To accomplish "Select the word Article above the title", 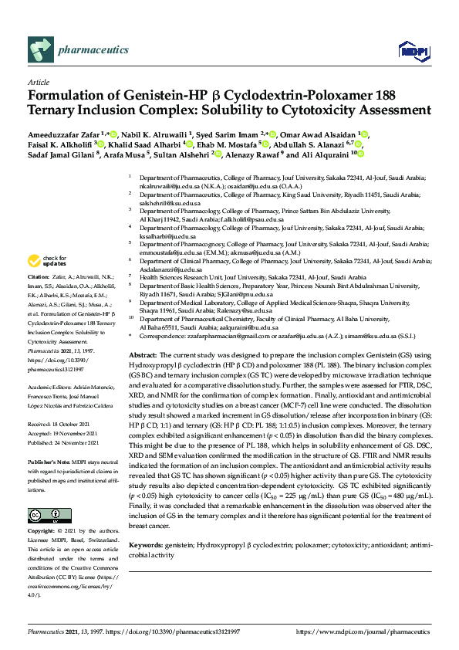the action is (x=38, y=82).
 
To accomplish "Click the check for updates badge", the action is (x=45, y=260).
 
